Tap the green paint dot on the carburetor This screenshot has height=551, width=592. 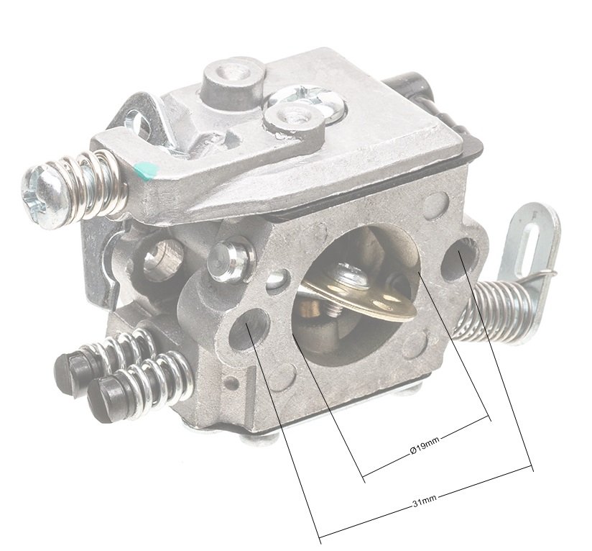tap(146, 170)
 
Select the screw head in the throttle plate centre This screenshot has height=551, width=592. tap(351, 275)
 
